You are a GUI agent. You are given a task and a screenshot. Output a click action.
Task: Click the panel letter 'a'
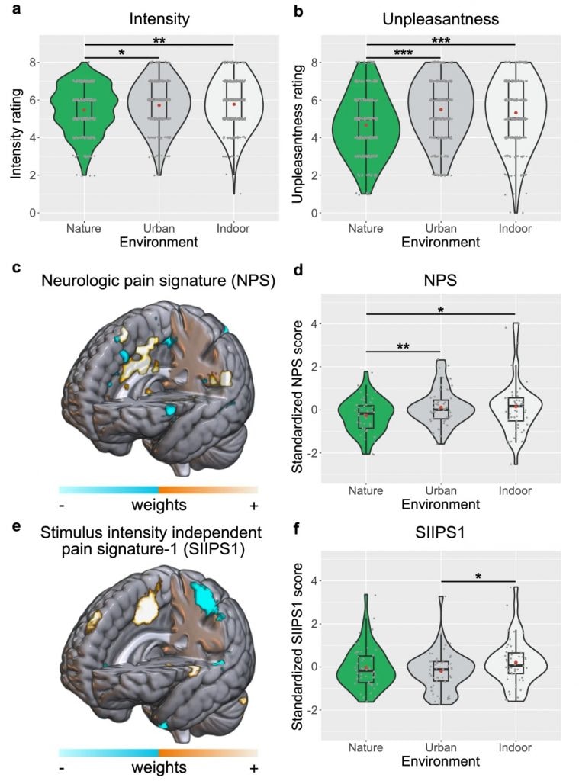17,8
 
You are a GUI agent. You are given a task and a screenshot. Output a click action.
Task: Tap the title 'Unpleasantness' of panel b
440,19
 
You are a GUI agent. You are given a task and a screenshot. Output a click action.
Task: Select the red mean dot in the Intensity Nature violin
84,110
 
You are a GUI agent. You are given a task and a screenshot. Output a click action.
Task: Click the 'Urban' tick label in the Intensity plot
159,229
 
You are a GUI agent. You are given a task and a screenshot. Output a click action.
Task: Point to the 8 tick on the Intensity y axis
32,63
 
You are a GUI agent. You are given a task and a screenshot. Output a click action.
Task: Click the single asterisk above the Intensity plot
121,53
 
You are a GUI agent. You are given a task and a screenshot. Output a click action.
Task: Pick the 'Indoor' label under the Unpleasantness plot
515,229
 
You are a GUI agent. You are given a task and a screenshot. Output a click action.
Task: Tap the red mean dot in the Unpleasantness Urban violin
441,110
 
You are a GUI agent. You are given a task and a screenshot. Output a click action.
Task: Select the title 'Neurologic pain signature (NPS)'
159,281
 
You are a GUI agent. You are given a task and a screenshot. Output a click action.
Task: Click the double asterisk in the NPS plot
403,346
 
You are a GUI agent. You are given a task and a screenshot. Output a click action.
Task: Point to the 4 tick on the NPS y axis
315,323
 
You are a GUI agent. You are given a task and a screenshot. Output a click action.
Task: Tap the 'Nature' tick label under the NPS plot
365,490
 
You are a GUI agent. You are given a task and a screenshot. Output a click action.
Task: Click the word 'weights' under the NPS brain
159,505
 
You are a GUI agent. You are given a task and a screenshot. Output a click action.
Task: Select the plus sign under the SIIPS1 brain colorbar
254,769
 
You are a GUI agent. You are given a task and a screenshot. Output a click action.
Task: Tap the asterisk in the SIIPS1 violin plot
478,577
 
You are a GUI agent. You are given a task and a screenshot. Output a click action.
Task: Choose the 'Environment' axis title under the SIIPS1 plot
440,762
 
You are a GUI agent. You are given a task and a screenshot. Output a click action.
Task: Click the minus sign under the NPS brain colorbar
62,506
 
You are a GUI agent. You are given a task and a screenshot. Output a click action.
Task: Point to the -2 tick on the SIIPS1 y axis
313,710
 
